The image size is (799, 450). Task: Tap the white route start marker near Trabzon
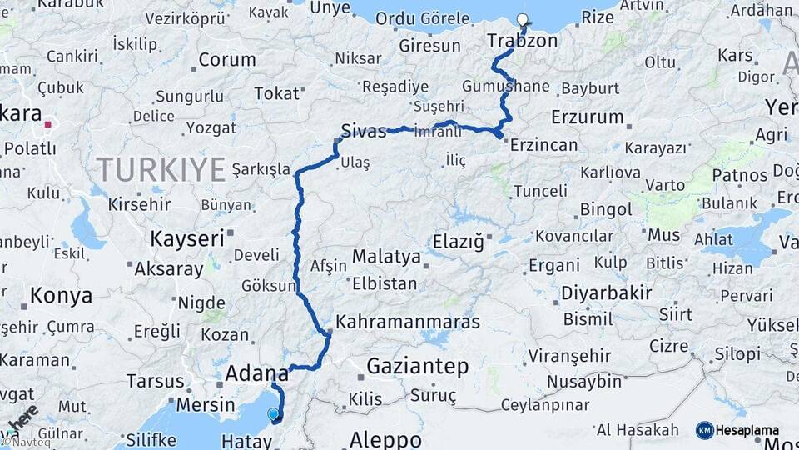(522, 20)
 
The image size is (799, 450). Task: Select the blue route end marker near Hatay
(273, 413)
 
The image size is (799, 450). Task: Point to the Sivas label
(363, 131)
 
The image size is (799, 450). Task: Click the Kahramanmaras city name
(407, 321)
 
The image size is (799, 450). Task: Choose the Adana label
(256, 372)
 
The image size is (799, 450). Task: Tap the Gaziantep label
(418, 366)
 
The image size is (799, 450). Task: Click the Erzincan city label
(543, 144)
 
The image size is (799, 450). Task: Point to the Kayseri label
(187, 238)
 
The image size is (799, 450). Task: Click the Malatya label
(386, 256)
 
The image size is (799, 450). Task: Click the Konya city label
(61, 295)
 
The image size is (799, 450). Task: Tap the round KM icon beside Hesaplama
(704, 430)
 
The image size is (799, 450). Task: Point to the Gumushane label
(506, 86)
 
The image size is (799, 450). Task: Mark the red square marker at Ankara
(48, 125)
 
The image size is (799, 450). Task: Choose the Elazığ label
(458, 242)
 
